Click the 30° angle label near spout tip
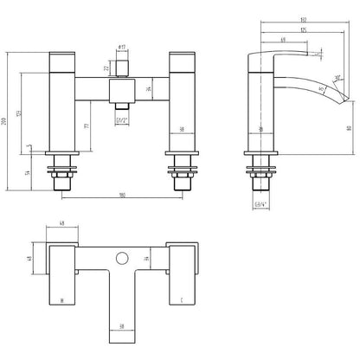tap(336, 76)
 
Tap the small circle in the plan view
tap(122, 259)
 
